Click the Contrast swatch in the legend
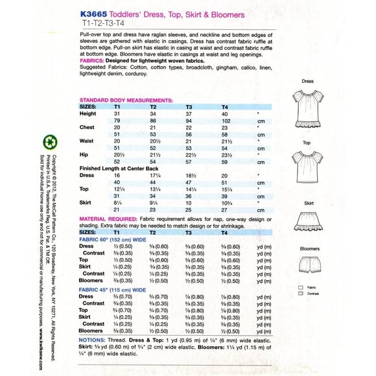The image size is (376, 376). (x=301, y=293)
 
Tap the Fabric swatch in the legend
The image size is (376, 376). (x=301, y=286)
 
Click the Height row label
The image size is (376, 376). (x=88, y=113)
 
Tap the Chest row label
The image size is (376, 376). (x=87, y=128)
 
